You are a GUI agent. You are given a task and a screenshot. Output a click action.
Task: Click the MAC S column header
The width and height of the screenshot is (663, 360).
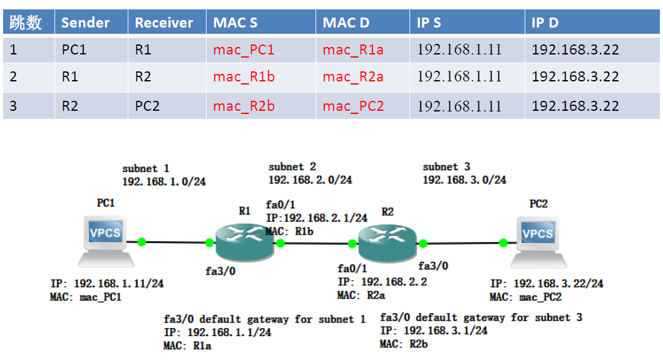235,23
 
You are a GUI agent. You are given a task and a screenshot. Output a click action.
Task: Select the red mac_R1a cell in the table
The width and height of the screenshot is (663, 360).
353,50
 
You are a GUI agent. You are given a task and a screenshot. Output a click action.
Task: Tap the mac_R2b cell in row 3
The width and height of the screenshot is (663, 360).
244,106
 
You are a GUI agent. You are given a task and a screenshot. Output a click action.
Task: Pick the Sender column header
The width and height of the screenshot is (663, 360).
85,23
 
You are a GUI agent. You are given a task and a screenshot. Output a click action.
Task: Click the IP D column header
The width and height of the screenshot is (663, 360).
545,23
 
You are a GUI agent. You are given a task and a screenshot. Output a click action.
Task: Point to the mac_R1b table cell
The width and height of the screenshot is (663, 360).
244,77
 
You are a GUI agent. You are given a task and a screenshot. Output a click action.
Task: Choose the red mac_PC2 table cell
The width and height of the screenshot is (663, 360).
353,106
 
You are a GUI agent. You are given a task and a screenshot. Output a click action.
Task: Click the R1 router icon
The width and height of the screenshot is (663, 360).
245,240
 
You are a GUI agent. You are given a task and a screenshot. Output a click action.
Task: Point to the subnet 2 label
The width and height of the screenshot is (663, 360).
292,167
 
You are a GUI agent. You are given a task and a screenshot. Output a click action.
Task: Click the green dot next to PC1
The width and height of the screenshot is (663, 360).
142,241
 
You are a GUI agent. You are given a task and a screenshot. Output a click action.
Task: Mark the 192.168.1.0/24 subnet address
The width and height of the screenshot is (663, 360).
164,182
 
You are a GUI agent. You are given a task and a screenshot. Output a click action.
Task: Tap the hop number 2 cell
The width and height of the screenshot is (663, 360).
13,77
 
